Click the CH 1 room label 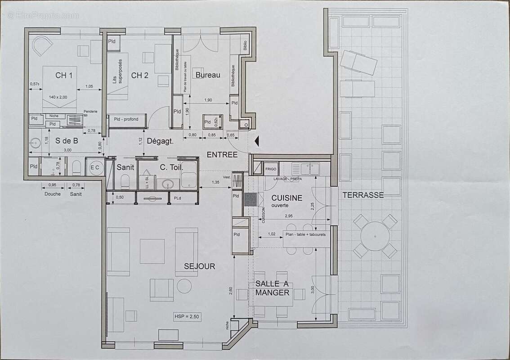(64, 75)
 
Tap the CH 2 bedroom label (140, 75)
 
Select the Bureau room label (208, 75)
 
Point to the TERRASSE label (363, 195)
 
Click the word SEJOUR (200, 266)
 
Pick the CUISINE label (287, 198)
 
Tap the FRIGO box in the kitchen (271, 169)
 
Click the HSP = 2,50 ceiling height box (187, 317)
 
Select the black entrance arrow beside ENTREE (257, 141)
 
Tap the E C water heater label (94, 167)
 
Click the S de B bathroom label (67, 141)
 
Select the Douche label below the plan (53, 194)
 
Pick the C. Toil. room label (170, 167)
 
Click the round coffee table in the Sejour (184, 286)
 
